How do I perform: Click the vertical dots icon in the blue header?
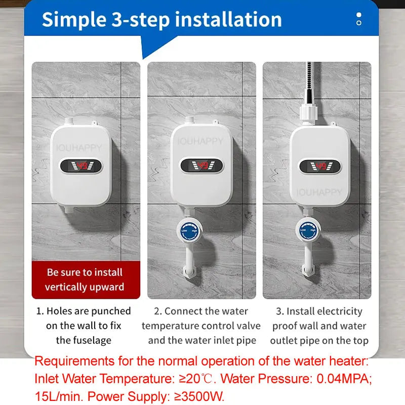[359, 19]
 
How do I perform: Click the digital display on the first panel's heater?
[82, 165]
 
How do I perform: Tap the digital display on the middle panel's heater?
[201, 165]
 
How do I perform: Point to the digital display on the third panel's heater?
[319, 166]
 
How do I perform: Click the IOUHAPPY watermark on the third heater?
[319, 192]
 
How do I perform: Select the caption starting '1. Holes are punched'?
[84, 326]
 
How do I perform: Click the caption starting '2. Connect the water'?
[201, 326]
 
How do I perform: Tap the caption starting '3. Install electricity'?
[319, 326]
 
